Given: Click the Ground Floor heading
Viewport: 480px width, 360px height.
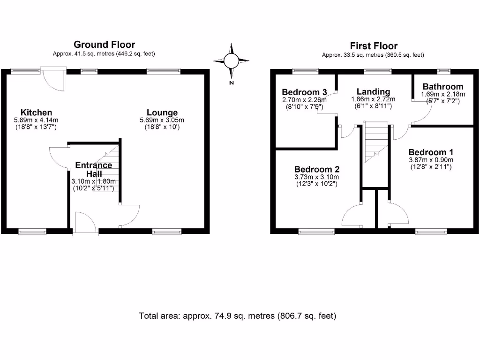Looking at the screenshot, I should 104,45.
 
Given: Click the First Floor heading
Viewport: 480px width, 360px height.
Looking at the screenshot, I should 373,46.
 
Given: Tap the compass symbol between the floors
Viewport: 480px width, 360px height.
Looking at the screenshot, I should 231,61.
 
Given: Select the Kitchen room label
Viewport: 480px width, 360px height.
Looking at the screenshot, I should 36,112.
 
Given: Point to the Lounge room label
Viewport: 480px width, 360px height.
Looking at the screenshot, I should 162,112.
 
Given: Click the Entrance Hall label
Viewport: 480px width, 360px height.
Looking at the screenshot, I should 94,169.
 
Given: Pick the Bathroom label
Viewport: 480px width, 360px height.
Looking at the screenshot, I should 442,87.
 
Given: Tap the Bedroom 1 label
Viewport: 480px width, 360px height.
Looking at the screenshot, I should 431,152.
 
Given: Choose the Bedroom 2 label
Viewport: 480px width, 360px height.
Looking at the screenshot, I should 316,169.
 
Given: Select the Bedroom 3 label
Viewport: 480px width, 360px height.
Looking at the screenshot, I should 304,92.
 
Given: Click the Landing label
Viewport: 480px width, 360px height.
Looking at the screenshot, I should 373,91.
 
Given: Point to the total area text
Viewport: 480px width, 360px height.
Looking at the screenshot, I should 238,315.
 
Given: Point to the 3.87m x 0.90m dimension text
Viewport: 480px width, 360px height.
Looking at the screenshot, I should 431,160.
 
